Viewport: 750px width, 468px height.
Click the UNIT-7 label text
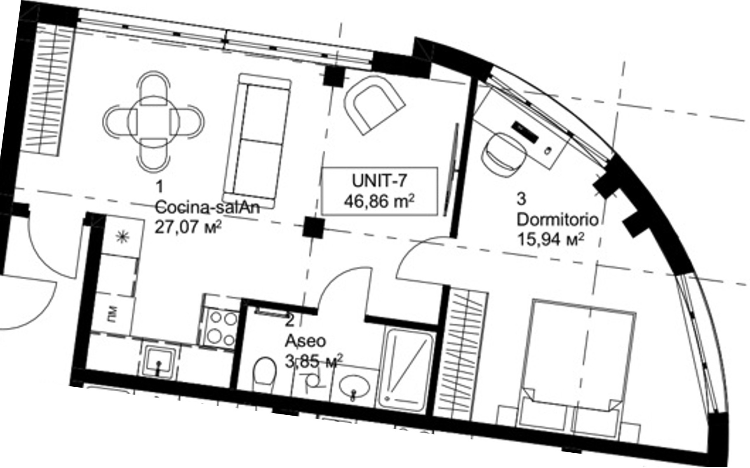pyautogui.click(x=379, y=181)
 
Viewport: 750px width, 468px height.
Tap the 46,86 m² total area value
pyautogui.click(x=379, y=201)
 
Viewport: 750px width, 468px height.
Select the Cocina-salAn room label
pyautogui.click(x=207, y=207)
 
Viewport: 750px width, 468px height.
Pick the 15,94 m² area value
pyautogui.click(x=550, y=239)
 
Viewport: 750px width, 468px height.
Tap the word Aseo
pyautogui.click(x=306, y=341)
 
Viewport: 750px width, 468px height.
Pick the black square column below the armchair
pyautogui.click(x=313, y=227)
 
